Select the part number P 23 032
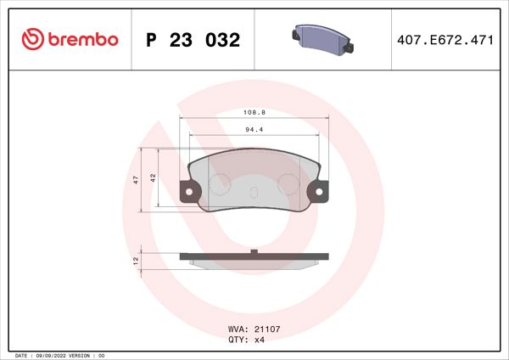(x=193, y=40)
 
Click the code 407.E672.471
(x=445, y=40)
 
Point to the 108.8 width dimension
(x=254, y=111)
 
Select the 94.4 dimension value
(x=254, y=130)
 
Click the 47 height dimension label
(x=136, y=180)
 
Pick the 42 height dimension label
(x=152, y=177)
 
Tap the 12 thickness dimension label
(x=136, y=261)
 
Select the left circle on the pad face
(x=220, y=183)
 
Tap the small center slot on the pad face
(x=255, y=190)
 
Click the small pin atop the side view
(x=255, y=250)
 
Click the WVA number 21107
(x=260, y=329)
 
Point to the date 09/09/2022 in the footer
(x=53, y=355)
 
